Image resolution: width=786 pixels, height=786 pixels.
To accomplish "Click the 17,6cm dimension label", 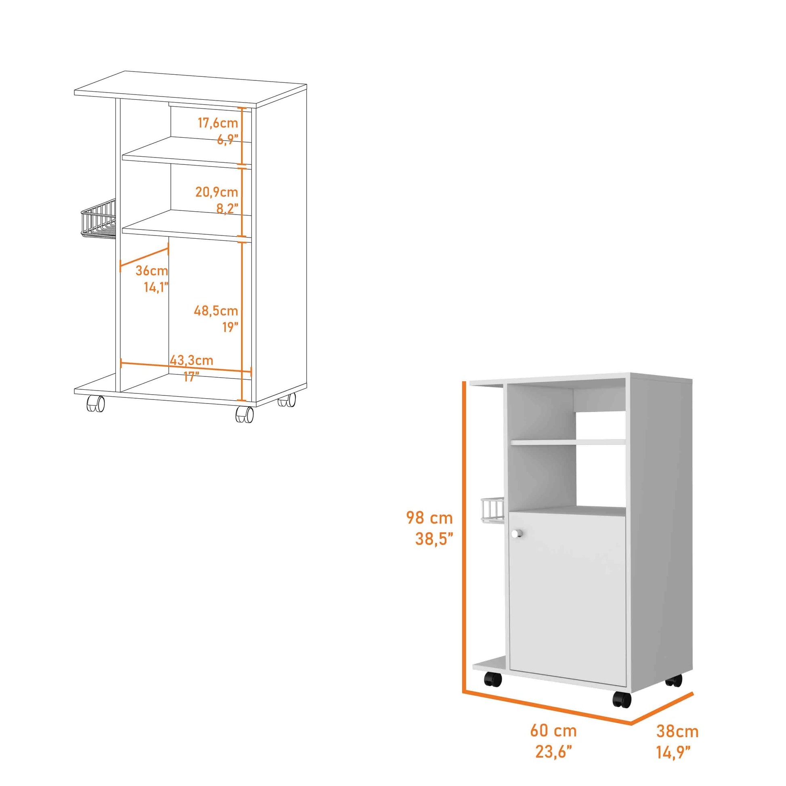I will [218, 122].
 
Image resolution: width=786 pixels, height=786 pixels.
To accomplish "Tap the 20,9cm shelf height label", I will [216, 192].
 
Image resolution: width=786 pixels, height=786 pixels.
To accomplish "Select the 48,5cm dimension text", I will [216, 311].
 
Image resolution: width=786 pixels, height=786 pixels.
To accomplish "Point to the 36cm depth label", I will [151, 271].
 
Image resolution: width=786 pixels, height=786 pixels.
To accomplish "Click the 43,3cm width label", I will [191, 360].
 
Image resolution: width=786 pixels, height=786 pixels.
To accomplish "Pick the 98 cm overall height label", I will [429, 518].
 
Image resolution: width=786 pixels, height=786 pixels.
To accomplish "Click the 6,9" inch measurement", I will [227, 139].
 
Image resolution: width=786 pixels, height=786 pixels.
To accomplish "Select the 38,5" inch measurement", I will [434, 539].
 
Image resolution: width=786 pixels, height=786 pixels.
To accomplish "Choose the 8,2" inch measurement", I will [227, 209].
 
